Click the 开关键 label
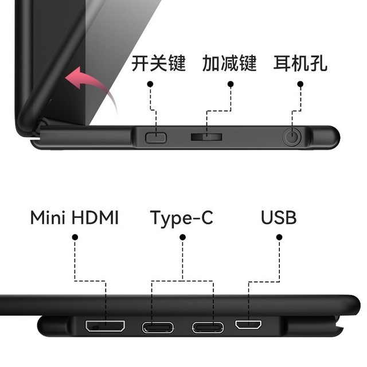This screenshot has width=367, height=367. (x=158, y=63)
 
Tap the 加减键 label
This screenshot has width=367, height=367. (x=229, y=63)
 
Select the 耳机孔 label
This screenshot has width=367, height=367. (x=300, y=63)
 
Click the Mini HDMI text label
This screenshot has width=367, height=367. (x=75, y=218)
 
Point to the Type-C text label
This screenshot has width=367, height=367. (x=182, y=218)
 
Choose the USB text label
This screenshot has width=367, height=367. (x=279, y=218)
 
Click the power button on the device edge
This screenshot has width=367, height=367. (x=155, y=138)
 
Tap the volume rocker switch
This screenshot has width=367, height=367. (x=206, y=137)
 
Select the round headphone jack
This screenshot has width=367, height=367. (x=292, y=136)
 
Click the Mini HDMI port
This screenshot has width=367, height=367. (x=105, y=326)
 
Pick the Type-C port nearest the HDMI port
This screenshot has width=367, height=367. (x=158, y=327)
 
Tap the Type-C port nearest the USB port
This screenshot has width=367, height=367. (x=208, y=327)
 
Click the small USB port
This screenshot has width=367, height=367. (x=248, y=325)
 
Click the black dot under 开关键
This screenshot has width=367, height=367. (x=150, y=84)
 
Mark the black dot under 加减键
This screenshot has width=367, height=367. (x=231, y=84)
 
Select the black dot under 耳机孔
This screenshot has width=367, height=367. (x=300, y=84)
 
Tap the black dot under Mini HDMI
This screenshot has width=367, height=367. (x=75, y=237)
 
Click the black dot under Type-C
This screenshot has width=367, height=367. (x=182, y=237)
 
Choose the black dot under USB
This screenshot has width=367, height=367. (x=279, y=237)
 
